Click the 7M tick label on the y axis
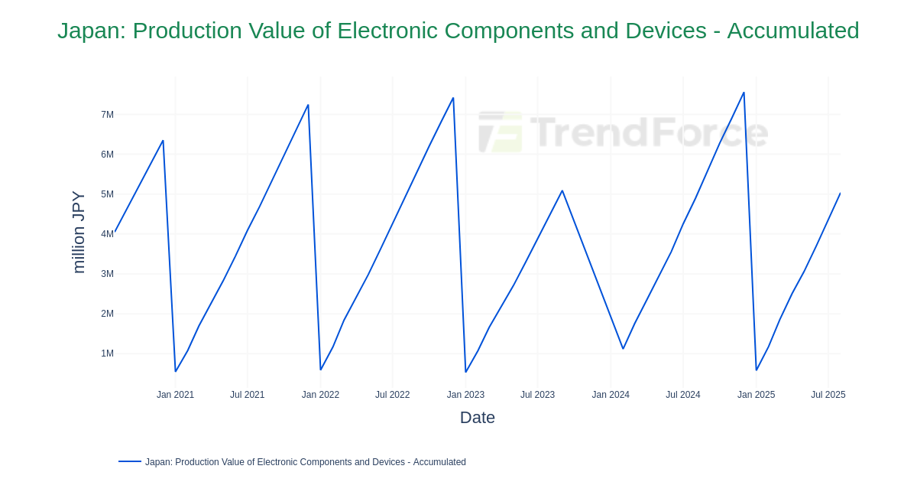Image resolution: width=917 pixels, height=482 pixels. (x=107, y=115)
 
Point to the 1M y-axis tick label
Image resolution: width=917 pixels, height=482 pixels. (x=107, y=353)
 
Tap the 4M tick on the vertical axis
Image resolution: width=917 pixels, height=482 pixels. (x=107, y=234)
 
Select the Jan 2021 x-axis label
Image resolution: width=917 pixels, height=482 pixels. (x=175, y=395)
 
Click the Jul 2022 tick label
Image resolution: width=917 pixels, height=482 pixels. (x=392, y=395)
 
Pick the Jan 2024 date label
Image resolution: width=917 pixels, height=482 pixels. (x=611, y=395)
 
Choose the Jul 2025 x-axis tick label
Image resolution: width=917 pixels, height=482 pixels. (x=828, y=395)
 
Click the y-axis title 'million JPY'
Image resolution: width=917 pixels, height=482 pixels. (x=78, y=232)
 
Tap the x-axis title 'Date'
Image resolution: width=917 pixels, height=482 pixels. (x=477, y=418)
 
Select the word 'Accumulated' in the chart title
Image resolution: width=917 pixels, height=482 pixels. (x=792, y=31)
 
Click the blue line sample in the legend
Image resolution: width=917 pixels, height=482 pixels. (x=130, y=461)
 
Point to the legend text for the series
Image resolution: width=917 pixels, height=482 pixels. (x=306, y=462)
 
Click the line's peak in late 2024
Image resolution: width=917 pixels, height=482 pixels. (x=744, y=93)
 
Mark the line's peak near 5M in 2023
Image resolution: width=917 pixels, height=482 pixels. (x=562, y=191)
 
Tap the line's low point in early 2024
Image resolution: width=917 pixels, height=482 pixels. (x=623, y=349)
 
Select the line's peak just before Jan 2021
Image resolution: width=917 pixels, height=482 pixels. (x=163, y=141)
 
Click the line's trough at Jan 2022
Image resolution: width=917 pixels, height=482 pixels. (x=321, y=370)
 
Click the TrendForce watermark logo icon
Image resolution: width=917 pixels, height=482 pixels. (x=501, y=132)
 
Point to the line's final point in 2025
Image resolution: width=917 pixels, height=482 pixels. (x=840, y=194)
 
